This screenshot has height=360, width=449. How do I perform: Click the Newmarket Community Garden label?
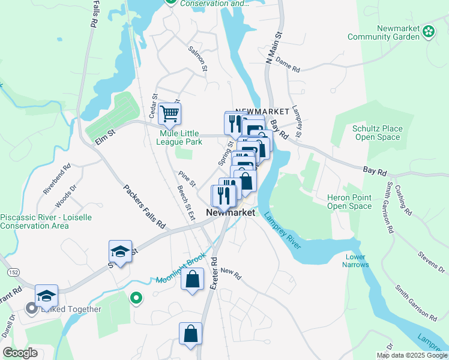coord(384,32)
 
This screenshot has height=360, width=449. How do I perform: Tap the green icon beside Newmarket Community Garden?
coord(429,31)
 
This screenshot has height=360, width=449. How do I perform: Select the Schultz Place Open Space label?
coord(378,133)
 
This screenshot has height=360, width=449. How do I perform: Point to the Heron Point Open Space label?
coord(349,202)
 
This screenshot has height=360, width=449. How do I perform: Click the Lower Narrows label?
coord(355,261)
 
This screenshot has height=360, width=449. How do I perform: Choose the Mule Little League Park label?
coord(179,138)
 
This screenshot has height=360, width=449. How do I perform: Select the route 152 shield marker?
coord(12,272)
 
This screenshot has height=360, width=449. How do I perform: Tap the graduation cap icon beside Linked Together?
coord(46,296)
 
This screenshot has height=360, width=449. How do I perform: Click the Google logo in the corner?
coord(20,353)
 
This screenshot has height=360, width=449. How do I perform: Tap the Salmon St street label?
coord(197,59)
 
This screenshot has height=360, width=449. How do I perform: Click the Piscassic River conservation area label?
coord(46,221)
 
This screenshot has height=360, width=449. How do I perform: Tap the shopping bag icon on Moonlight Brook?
coord(191,280)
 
